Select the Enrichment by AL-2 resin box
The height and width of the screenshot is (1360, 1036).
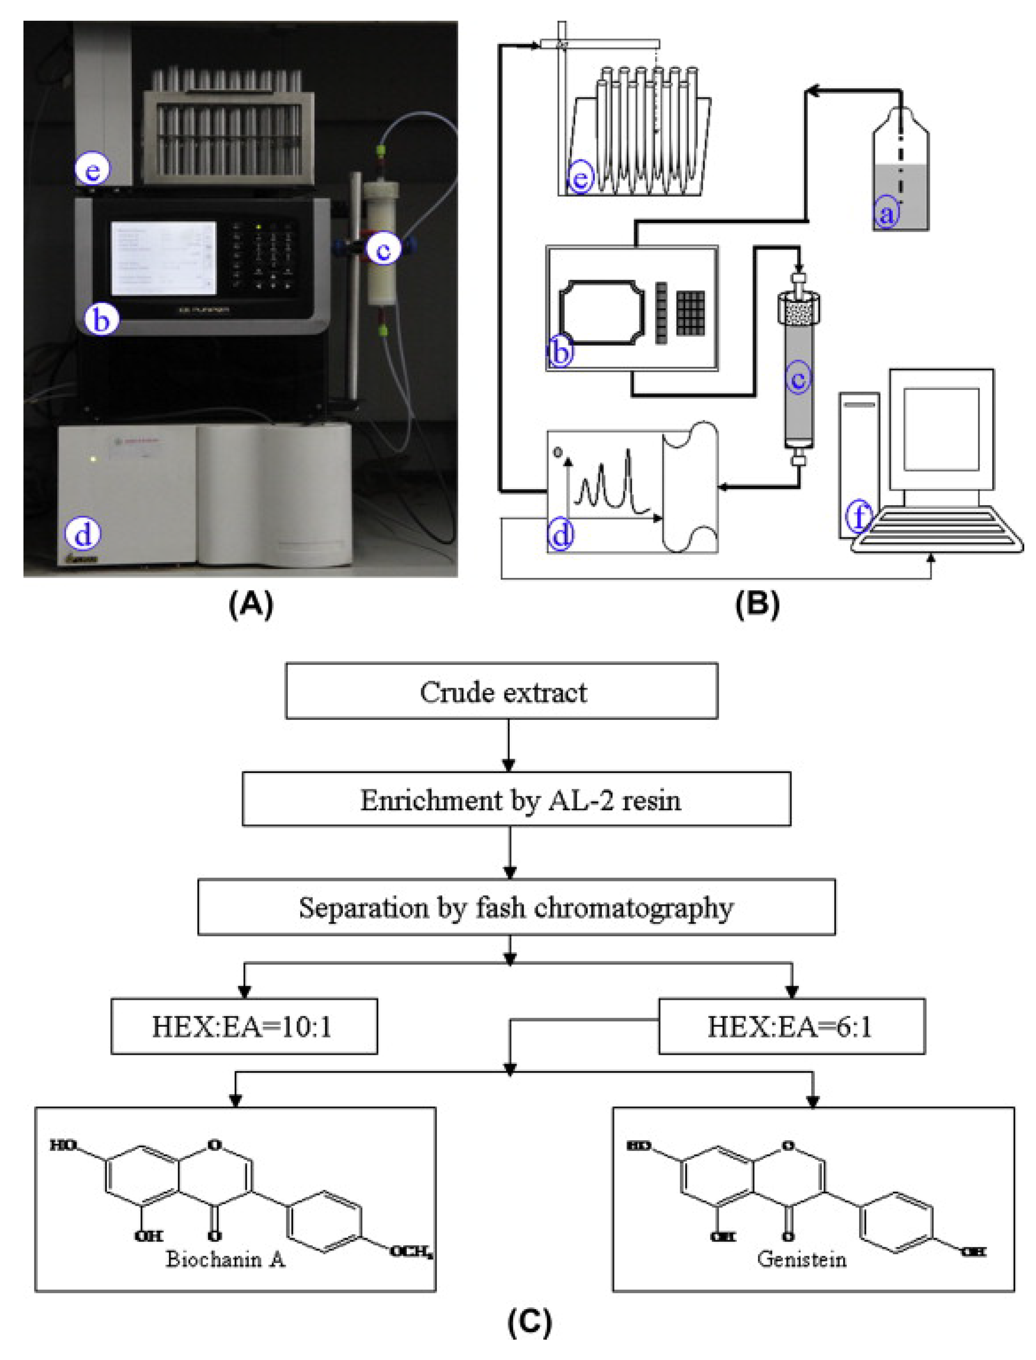(517, 800)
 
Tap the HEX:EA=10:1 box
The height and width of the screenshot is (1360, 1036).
(244, 1027)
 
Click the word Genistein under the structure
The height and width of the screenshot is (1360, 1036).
(802, 1259)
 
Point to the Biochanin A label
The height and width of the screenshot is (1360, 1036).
(226, 1259)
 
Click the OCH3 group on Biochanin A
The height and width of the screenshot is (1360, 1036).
(410, 1252)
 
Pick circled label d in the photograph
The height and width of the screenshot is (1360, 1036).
(82, 534)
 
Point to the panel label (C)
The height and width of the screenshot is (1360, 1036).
(529, 1321)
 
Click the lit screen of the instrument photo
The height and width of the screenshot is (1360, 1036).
(163, 258)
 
